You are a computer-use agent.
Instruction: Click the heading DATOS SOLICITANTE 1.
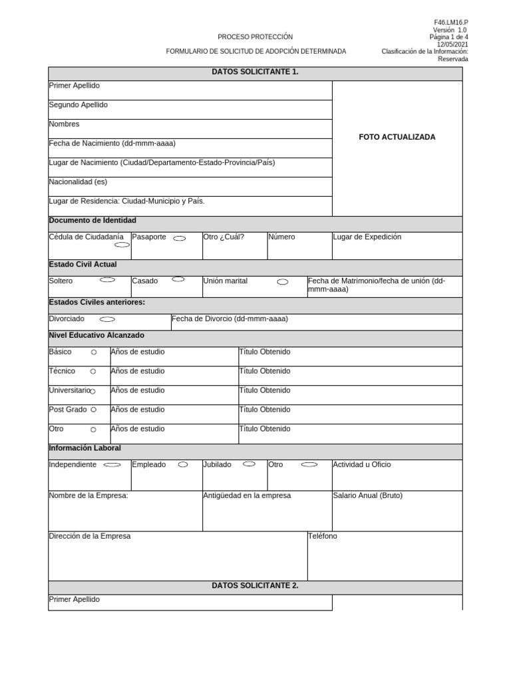pos(255,72)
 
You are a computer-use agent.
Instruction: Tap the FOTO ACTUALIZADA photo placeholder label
pos(397,137)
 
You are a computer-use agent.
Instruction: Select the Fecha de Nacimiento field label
pos(112,143)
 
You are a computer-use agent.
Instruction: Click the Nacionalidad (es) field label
pos(78,182)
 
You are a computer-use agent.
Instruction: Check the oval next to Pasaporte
pos(179,238)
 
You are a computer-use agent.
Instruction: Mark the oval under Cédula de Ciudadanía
pos(122,245)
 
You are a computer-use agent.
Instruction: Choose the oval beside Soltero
pos(107,280)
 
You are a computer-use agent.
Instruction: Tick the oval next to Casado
pos(178,280)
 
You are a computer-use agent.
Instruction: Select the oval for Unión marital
pos(282,282)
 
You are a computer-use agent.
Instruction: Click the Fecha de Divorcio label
pos(230,319)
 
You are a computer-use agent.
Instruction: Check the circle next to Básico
pos(94,352)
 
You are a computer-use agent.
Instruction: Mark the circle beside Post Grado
pos(94,410)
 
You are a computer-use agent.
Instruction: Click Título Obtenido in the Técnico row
pos(265,371)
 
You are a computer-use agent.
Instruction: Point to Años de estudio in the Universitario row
pos(138,390)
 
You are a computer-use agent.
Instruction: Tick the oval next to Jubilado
pos(250,464)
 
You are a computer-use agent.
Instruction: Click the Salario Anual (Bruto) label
pos(367,495)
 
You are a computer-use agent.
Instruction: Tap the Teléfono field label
pos(323,536)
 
